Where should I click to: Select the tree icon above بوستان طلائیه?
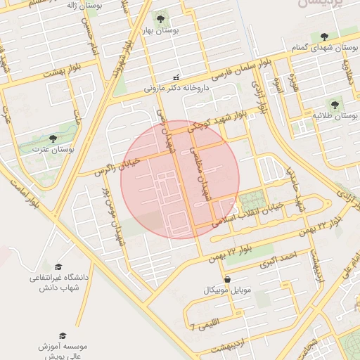tap(335, 101)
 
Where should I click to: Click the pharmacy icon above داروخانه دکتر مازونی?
tap(176, 77)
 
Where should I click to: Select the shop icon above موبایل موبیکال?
tap(226, 279)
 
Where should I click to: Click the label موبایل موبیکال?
tap(226, 290)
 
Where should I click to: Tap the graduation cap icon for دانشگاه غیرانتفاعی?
tap(58, 266)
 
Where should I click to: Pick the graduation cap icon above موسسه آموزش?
tap(62, 335)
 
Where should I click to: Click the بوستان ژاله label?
tap(85, 5)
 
